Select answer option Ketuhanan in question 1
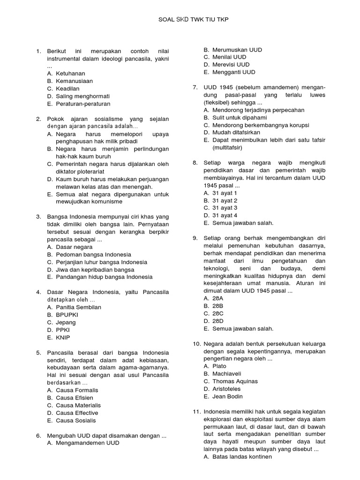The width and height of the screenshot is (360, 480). point(70,74)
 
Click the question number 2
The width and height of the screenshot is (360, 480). point(38,119)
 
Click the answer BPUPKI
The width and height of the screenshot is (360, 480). point(67,315)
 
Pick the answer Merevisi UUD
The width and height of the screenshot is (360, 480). point(231,65)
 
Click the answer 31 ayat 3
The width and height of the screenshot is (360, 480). point(225,208)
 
